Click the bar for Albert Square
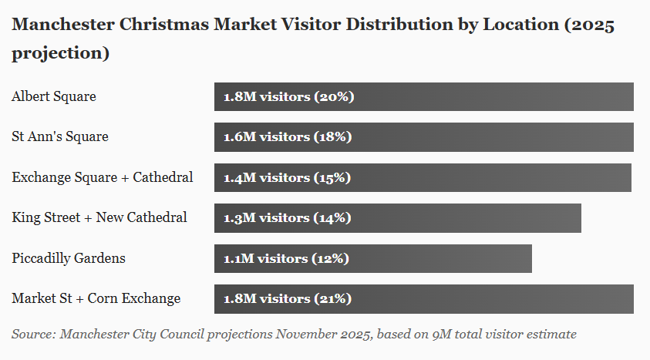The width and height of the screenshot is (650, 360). coord(493,97)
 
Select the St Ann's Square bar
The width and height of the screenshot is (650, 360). coord(493,137)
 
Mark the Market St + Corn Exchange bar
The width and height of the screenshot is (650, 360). coord(493,299)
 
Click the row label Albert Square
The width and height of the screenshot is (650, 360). coord(54,97)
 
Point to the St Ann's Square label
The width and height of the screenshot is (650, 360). coord(60,137)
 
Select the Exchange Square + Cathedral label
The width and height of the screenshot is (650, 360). coord(103,177)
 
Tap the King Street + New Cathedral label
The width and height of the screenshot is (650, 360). coord(99,218)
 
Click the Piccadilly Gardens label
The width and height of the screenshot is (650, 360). coord(69,258)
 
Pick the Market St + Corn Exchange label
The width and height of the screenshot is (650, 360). coord(96,299)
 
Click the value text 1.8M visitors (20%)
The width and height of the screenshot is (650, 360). coord(288,97)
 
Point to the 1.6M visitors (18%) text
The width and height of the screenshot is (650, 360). coord(288,137)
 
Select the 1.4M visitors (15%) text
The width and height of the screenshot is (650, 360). coord(288,177)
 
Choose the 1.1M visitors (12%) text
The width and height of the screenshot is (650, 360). coord(286,258)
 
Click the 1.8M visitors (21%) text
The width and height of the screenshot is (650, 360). coord(288,299)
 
